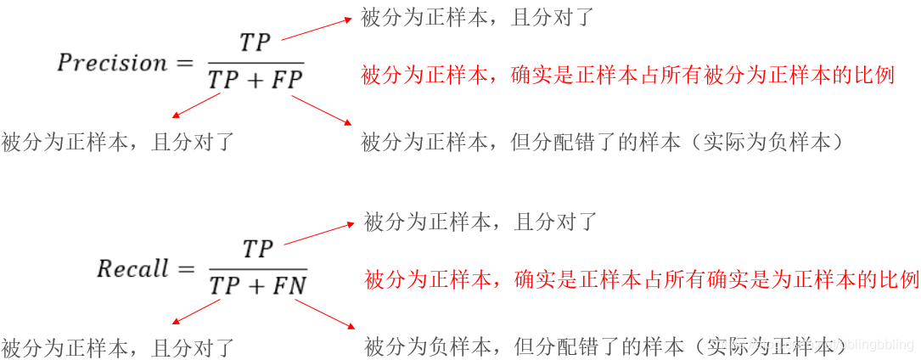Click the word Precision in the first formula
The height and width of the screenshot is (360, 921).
click(112, 63)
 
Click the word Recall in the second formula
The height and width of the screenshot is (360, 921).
click(132, 270)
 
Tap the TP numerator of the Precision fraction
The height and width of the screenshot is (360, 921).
click(255, 43)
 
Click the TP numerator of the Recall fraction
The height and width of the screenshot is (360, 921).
click(257, 250)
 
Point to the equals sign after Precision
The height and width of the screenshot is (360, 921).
click(186, 63)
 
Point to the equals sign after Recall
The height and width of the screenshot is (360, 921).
click(186, 270)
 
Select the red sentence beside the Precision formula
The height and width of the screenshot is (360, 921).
click(627, 76)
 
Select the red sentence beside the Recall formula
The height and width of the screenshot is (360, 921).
click(642, 279)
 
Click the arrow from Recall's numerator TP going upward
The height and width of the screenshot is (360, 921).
click(318, 234)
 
